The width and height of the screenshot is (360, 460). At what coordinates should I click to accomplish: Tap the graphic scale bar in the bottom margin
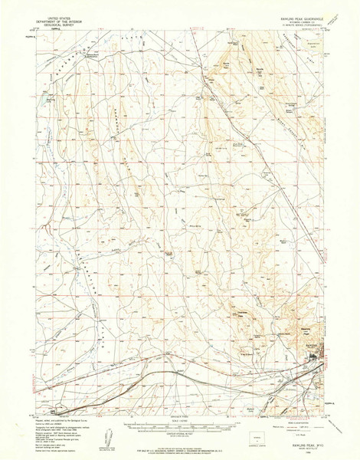[x=179, y=426]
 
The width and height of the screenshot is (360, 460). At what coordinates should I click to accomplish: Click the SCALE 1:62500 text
[x=179, y=419]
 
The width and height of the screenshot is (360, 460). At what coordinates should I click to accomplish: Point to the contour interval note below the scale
[x=179, y=435]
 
